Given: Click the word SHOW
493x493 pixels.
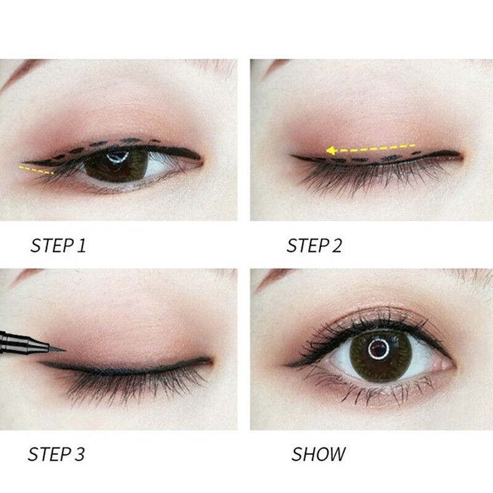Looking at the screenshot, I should [319, 455].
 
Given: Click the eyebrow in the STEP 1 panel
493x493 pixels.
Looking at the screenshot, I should [25, 67].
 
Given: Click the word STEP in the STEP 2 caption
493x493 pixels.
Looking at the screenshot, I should [306, 246].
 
